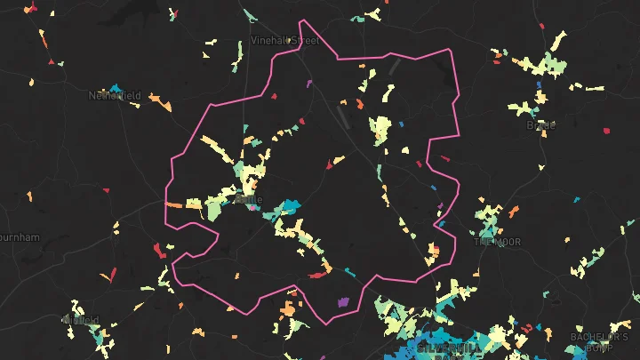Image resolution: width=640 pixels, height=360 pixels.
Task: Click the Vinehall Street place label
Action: (x=284, y=41)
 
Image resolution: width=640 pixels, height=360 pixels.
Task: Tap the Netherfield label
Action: (x=115, y=94)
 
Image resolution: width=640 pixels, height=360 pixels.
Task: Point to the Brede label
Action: (x=540, y=125)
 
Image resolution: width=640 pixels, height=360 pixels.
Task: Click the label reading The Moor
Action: (x=497, y=242)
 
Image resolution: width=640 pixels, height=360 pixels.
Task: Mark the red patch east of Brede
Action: (x=607, y=131)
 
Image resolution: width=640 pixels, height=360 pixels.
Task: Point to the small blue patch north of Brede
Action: (x=540, y=84)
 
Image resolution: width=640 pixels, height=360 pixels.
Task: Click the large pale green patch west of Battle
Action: (x=216, y=208)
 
